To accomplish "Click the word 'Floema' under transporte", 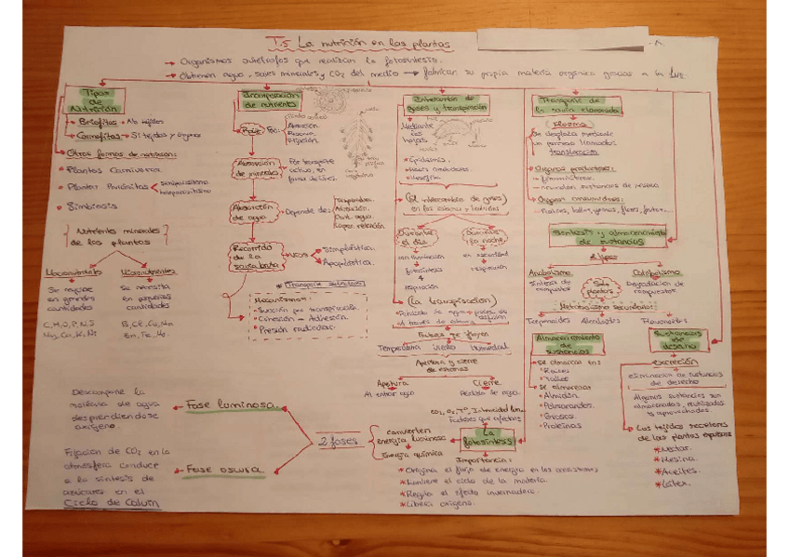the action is [x=568, y=122].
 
